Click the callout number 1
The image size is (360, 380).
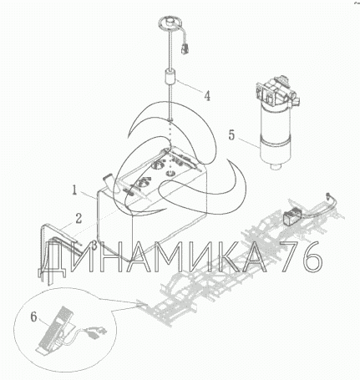74,190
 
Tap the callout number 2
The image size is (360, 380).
79,218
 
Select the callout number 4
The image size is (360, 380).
207,96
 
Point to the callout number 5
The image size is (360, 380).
231,135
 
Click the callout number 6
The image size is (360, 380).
33,317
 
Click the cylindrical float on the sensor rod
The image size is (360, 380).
170,77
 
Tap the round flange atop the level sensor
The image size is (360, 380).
170,22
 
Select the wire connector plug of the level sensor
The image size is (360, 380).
185,48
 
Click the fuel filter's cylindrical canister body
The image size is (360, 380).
275,135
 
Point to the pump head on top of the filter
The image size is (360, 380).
276,91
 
